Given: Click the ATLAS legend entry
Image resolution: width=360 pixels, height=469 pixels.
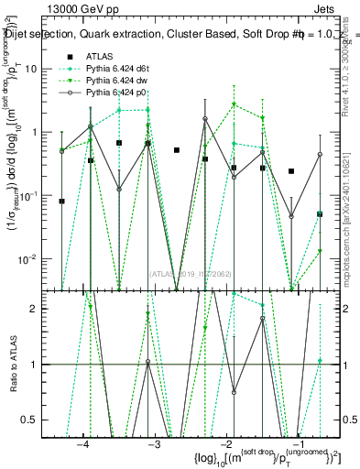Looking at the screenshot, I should (x=99, y=57).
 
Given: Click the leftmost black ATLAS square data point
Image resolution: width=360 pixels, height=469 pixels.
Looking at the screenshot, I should (x=62, y=201).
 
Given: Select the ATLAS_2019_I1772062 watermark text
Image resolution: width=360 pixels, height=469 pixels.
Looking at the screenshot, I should (x=191, y=273).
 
